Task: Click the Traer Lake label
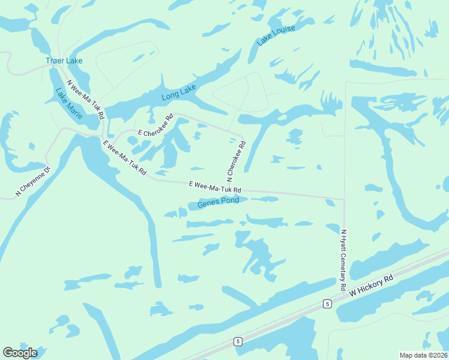tap(64, 61)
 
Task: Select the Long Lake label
tap(179, 92)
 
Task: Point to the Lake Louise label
tap(276, 37)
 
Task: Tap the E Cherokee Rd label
tap(155, 124)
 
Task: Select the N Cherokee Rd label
tap(236, 161)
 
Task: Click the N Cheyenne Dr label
tap(34, 181)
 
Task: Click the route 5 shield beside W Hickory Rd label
tap(327, 303)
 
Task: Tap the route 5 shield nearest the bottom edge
tap(238, 341)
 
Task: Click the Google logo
tap(20, 353)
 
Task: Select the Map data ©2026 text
tap(423, 355)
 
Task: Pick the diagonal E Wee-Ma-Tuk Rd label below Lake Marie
tap(125, 157)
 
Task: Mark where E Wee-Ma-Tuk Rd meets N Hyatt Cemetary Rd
tap(344, 199)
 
